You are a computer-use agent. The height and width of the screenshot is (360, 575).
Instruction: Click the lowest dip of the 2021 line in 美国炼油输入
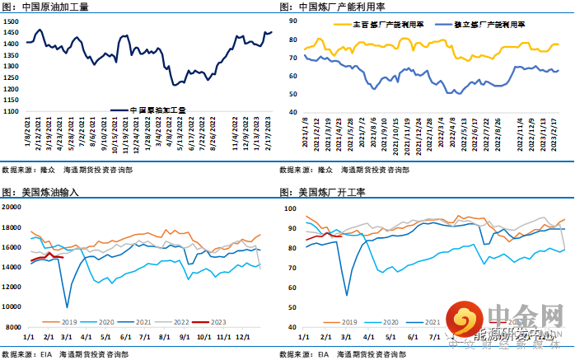pos(67,307)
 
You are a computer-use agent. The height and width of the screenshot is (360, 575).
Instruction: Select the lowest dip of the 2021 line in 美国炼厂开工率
pos(346,295)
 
